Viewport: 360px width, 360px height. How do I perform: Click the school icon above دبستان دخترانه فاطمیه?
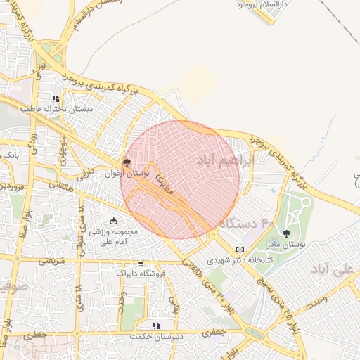(56, 98)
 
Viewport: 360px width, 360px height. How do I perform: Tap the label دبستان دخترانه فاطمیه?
(56, 110)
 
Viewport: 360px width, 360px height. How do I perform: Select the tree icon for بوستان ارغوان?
(127, 162)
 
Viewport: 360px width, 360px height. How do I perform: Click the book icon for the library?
(240, 250)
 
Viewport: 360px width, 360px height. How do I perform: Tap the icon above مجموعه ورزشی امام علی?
(114, 221)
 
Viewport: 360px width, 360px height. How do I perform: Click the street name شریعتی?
(51, 260)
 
